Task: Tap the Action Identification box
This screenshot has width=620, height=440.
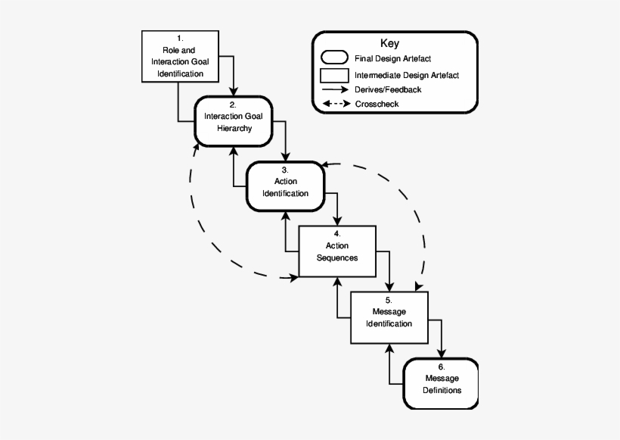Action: pos(285,187)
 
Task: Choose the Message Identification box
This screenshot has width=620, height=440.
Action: pos(389,317)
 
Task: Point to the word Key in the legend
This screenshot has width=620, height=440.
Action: pos(390,44)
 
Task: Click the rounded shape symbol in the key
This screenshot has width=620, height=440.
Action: pos(336,58)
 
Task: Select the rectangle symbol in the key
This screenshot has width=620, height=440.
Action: pos(336,75)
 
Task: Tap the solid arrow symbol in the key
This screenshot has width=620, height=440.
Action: pos(336,89)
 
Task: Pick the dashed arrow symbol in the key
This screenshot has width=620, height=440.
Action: pos(336,104)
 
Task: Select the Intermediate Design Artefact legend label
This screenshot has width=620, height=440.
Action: pos(406,75)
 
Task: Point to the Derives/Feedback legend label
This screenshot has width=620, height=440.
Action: pos(387,89)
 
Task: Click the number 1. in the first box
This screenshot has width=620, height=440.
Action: pos(180,37)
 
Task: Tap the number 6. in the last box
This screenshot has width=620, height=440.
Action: pos(442,367)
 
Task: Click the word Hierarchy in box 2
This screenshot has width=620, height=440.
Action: pos(233,129)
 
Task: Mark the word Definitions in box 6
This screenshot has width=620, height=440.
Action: pos(442,391)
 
